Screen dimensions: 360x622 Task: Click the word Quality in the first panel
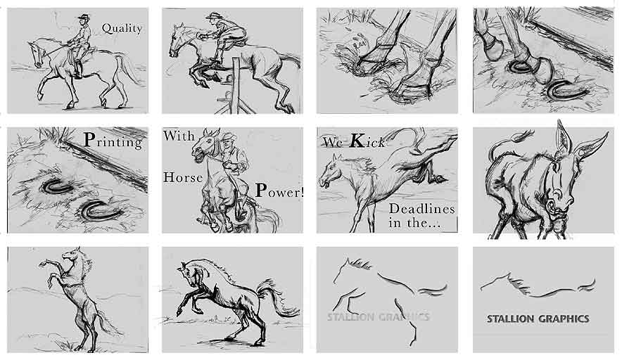pyautogui.click(x=122, y=29)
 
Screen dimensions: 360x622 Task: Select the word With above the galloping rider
pyautogui.click(x=179, y=136)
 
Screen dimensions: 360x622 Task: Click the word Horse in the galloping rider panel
pyautogui.click(x=183, y=177)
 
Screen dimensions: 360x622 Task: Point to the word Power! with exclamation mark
pyautogui.click(x=279, y=190)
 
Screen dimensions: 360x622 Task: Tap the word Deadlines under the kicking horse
pyautogui.click(x=421, y=209)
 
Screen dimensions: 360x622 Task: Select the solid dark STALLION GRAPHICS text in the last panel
pyautogui.click(x=538, y=319)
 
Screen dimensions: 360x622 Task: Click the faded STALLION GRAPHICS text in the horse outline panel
pyautogui.click(x=378, y=316)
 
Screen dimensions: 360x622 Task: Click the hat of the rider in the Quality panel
pyautogui.click(x=84, y=17)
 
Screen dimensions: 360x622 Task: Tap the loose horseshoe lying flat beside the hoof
pyautogui.click(x=567, y=91)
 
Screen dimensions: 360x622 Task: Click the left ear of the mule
pyautogui.click(x=561, y=138)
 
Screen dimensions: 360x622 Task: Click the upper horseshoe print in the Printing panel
pyautogui.click(x=56, y=187)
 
